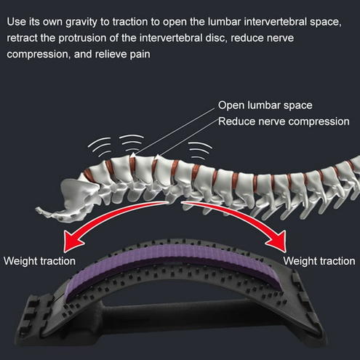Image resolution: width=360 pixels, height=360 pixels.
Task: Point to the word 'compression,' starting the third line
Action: (x=39, y=55)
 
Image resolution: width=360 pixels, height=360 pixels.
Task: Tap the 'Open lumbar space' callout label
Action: (x=265, y=105)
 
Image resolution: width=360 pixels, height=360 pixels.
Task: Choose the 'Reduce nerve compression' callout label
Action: (x=284, y=121)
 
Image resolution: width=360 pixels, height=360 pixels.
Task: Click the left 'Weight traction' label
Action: (x=39, y=261)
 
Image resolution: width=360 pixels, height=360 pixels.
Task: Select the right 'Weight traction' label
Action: (x=319, y=261)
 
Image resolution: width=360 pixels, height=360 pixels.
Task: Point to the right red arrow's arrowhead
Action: (x=279, y=241)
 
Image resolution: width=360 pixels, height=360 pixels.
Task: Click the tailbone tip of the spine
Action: (x=37, y=209)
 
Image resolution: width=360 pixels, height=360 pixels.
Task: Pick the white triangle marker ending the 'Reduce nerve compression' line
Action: (x=158, y=156)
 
